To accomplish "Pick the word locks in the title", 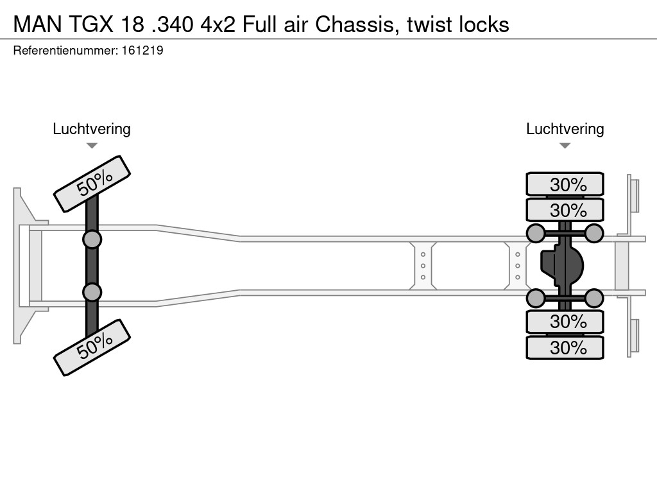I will click(485, 24).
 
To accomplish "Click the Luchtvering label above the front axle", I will click(92, 129).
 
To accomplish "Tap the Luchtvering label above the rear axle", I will click(565, 129).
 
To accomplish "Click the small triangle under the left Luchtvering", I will click(92, 146).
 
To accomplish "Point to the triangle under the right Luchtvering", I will click(565, 146).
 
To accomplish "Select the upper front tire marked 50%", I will click(92, 184).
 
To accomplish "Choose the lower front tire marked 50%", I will click(92, 347).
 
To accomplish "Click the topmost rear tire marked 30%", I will click(565, 184).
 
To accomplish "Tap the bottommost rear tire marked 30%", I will click(565, 347).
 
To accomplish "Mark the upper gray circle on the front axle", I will click(92, 239).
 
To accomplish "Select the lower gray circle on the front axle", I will click(92, 292).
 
